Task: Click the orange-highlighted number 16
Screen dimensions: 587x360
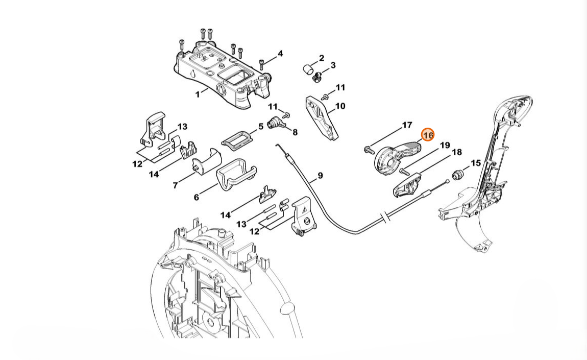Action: point(428,134)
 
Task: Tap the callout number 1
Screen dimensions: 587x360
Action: point(198,94)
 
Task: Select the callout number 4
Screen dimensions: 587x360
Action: point(280,54)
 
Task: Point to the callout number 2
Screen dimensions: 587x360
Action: point(322,58)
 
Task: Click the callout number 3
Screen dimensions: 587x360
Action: point(333,65)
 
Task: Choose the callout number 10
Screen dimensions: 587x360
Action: point(340,106)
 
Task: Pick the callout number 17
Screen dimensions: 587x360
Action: point(407,125)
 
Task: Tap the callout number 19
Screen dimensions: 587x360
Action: point(445,145)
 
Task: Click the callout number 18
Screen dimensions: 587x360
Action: point(457,152)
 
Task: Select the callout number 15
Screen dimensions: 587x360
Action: point(475,163)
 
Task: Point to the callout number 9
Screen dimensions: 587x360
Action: point(320,175)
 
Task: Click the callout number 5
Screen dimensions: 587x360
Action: point(261,127)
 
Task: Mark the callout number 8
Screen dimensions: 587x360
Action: point(295,132)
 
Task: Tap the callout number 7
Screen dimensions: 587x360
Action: point(175,185)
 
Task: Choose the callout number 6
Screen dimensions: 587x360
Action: point(197,197)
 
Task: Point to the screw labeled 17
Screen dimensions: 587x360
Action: point(369,150)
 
